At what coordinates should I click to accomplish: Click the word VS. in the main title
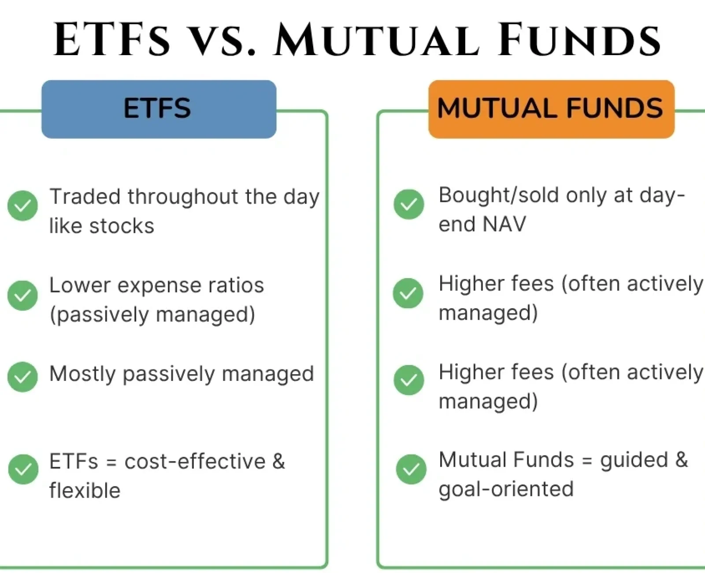(221, 40)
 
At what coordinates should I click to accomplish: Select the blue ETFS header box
(159, 109)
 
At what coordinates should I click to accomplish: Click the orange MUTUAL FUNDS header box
(551, 109)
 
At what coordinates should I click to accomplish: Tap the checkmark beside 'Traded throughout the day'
(22, 205)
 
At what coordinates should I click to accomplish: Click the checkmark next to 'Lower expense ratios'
(22, 295)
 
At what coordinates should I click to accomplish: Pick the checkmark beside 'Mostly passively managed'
(22, 376)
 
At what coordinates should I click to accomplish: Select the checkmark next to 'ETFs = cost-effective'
(23, 469)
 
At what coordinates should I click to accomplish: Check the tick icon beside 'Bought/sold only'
(408, 204)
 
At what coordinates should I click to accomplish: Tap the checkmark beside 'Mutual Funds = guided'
(411, 469)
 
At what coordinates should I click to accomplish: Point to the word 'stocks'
(122, 226)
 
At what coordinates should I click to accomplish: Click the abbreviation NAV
(504, 224)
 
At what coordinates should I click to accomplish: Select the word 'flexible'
(85, 491)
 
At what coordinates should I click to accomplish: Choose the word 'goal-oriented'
(506, 489)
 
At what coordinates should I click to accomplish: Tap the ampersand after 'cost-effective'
(278, 461)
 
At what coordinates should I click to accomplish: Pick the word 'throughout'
(183, 197)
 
